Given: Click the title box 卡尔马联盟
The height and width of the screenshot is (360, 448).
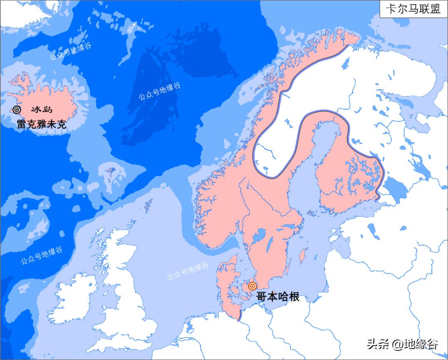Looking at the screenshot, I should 413,9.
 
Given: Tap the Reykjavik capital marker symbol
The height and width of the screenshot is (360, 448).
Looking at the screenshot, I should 17,110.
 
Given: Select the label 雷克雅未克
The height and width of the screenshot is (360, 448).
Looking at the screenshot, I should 41,124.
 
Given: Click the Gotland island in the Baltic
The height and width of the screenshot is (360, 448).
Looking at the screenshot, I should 304,255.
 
